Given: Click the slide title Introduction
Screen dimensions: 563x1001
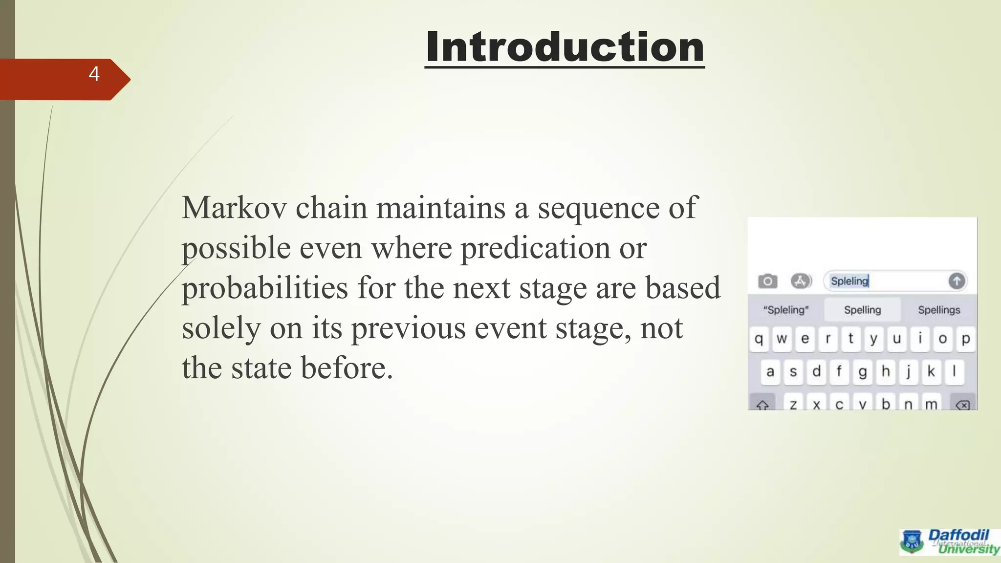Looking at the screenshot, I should point(565,47).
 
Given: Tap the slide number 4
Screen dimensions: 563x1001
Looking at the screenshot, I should point(94,74).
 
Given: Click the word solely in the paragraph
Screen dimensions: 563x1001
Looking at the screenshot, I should point(221,328).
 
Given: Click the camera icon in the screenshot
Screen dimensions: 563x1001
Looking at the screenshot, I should point(767,281).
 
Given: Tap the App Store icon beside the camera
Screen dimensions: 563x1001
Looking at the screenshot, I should point(801,281).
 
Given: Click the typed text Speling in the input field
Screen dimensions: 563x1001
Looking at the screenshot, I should point(849,281).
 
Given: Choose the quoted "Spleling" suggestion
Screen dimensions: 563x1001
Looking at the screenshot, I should point(786,310).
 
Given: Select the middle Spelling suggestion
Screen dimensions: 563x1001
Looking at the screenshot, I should point(862,310).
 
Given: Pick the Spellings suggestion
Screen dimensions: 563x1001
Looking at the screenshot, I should point(939,310).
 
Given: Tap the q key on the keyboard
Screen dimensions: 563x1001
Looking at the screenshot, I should point(759,339).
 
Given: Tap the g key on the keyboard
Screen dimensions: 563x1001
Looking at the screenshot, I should point(862,372).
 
